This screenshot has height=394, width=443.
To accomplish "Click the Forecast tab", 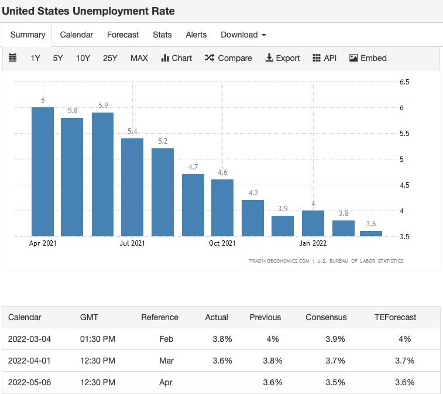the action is tap(123, 35).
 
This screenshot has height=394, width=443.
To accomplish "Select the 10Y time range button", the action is tap(83, 58).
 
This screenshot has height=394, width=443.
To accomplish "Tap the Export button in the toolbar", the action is tap(283, 58).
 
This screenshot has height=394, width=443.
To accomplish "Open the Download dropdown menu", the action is tap(243, 35).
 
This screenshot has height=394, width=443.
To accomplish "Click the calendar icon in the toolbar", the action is tap(12, 57).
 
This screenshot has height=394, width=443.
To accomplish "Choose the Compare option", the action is tap(228, 58).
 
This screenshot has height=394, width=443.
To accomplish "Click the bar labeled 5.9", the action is tap(102, 174).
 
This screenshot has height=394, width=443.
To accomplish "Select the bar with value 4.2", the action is tap(253, 218).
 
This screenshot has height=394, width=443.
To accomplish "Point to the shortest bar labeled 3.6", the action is tap(371, 234).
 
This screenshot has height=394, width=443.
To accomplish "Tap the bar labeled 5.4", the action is tap(132, 188).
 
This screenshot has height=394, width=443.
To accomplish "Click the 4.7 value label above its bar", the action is tap(193, 167).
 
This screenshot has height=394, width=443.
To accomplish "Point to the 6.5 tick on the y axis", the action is tap(404, 82).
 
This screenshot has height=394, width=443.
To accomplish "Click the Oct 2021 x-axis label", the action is tap(222, 243).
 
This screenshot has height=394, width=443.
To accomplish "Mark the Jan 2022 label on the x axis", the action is tap(312, 243).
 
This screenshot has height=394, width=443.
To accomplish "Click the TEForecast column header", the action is tap(395, 317).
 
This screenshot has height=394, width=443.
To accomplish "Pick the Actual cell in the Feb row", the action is tap(222, 339).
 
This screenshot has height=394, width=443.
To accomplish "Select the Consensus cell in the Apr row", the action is tap(335, 382).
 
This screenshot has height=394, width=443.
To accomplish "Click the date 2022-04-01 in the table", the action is tap(29, 361).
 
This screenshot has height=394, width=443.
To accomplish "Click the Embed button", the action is tap(368, 58).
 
